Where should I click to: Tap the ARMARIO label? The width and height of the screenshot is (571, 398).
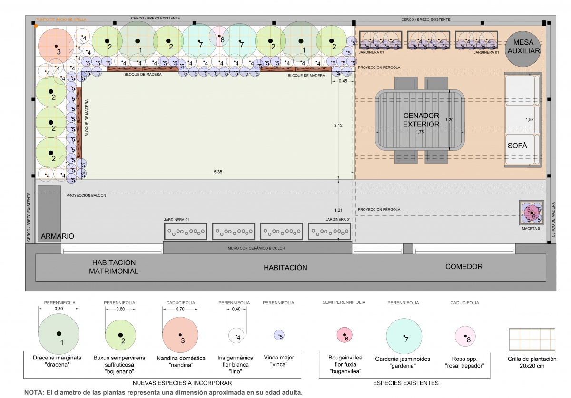point(58,236)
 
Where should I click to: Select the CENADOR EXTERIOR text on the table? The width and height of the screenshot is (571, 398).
point(421,120)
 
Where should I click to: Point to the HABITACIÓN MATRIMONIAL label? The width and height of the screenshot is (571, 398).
point(114,267)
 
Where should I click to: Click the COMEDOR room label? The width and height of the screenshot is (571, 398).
point(464,267)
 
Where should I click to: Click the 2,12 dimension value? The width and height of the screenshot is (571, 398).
point(338,126)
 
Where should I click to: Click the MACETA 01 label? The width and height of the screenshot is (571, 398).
point(532,228)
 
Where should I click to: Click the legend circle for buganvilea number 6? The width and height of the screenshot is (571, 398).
point(345,335)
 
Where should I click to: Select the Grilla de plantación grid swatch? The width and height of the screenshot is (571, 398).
point(532,340)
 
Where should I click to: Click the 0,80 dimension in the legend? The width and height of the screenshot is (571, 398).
point(59,309)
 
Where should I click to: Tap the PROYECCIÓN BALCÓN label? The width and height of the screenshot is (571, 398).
point(86,195)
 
